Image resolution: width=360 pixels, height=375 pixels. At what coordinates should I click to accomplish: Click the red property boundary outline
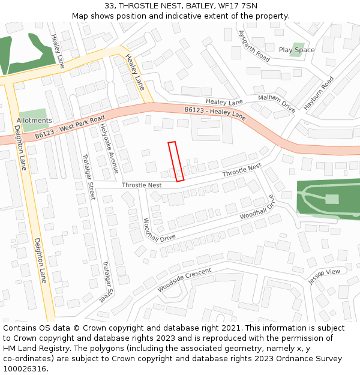(x=176, y=161)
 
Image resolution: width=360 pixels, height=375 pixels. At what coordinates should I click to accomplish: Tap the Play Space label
(x=296, y=50)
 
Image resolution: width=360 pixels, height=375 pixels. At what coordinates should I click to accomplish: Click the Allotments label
(x=34, y=121)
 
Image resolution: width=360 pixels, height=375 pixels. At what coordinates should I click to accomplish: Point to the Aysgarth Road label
(x=254, y=46)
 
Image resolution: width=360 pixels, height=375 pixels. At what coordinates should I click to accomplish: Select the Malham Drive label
(x=277, y=103)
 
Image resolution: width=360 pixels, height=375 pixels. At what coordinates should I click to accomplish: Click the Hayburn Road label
(x=318, y=92)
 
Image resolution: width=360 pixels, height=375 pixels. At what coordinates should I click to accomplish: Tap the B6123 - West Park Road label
(x=70, y=127)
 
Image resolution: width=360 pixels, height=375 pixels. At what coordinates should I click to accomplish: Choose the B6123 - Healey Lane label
(x=215, y=113)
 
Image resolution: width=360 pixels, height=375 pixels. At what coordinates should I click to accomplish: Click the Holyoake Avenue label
(x=109, y=148)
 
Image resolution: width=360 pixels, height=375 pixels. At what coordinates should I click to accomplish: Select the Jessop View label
(x=324, y=276)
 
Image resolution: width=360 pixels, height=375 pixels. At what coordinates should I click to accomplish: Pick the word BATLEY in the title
(x=184, y=6)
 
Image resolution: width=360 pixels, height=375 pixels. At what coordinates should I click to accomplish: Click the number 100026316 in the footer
(x=26, y=368)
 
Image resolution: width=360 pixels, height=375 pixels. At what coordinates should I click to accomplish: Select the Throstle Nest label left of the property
(x=142, y=185)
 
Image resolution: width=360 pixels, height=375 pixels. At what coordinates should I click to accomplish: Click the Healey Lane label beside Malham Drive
(x=224, y=102)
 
